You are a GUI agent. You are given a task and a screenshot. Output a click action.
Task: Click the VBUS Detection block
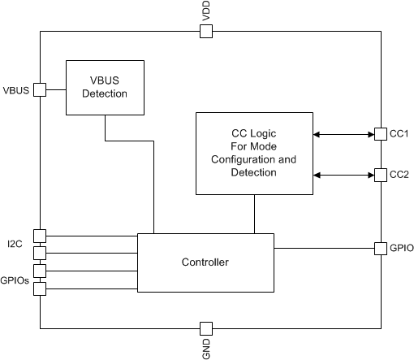(105, 88)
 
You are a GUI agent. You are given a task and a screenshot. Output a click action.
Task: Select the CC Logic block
(255, 154)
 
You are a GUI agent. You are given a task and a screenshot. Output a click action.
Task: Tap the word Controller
(205, 262)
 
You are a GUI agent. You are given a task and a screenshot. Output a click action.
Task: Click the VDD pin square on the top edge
(206, 32)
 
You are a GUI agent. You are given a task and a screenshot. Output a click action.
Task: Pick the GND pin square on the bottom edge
(206, 328)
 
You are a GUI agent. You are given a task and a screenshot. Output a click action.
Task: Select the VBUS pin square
(39, 89)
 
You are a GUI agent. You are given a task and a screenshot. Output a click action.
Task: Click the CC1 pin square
(379, 134)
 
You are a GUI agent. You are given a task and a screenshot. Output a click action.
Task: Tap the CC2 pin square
(379, 175)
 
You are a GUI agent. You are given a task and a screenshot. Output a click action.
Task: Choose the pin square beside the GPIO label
(379, 248)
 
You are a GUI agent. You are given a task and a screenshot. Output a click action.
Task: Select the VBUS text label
(16, 89)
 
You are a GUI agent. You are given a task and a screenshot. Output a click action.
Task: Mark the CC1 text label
(398, 134)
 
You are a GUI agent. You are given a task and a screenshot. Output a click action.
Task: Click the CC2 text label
(398, 175)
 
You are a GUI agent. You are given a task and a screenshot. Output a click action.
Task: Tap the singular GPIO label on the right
(400, 248)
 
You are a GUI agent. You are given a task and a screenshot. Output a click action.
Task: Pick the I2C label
(15, 243)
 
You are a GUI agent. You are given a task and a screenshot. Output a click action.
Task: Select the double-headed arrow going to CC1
(343, 134)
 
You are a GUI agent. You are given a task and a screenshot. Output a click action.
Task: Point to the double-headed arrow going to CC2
(343, 175)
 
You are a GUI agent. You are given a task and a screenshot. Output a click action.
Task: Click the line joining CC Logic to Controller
(256, 214)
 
